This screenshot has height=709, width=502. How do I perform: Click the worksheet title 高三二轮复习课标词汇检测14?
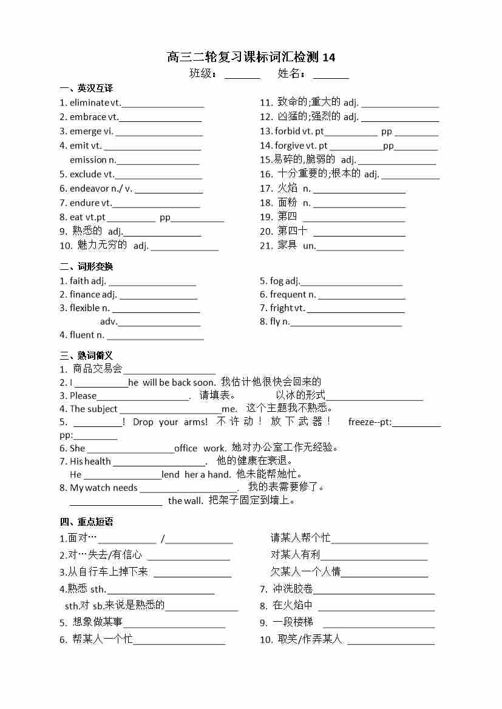pos(251,58)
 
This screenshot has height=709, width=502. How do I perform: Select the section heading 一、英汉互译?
pos(86,88)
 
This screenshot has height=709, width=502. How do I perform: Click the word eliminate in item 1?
pos(89,102)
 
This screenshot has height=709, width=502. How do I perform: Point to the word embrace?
pos(88,117)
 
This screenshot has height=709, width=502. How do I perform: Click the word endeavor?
pos(90,189)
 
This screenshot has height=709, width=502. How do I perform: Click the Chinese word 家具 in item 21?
pos(287,245)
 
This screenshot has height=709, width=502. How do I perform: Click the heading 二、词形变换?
pos(86,266)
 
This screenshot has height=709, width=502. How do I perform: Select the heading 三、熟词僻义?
pos(86,355)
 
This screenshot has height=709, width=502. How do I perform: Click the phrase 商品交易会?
pos(97,369)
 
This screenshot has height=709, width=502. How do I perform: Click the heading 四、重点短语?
pos(86,522)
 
